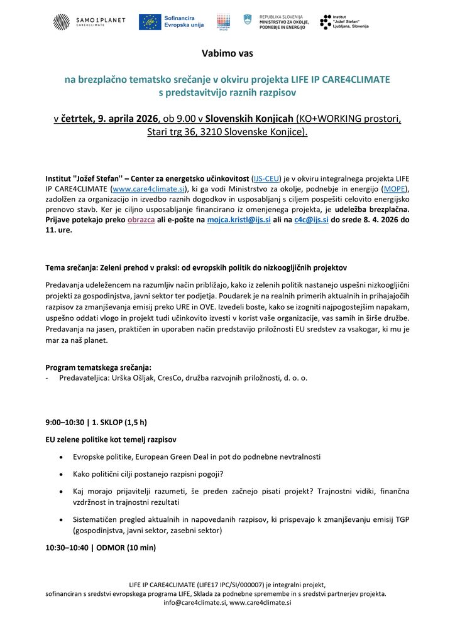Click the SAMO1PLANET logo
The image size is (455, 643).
(89, 22)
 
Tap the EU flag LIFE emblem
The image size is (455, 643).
(149, 22)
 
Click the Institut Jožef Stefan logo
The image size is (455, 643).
(344, 22)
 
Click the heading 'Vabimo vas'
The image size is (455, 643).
(227, 53)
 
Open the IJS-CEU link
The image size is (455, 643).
(265, 178)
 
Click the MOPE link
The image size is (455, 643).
(395, 189)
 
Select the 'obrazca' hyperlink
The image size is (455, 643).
(141, 220)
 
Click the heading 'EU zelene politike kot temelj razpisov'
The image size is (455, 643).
(111, 439)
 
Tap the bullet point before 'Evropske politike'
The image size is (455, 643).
(60, 457)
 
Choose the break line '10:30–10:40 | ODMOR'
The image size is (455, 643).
(100, 548)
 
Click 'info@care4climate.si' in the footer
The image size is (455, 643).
(195, 602)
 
